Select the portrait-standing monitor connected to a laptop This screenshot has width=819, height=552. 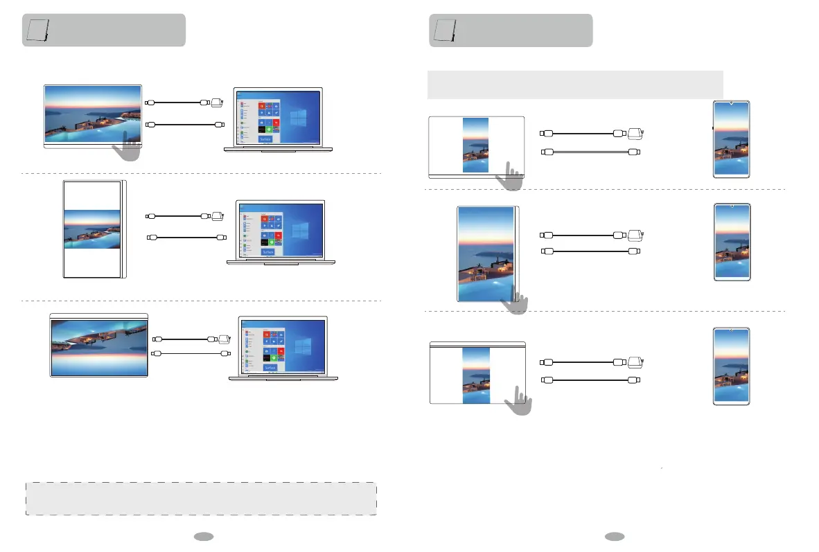click(92, 229)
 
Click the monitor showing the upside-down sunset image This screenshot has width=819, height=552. click(99, 345)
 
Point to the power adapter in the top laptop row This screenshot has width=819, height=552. click(215, 103)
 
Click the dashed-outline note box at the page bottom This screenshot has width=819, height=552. click(201, 499)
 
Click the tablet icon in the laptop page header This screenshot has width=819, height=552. click(36, 30)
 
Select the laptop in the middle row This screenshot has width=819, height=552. click(280, 231)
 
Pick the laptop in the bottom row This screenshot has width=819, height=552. click(283, 349)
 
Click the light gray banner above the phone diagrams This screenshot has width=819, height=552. click(575, 84)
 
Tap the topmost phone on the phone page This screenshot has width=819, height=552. click(731, 139)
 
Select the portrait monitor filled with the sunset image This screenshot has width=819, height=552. click(488, 253)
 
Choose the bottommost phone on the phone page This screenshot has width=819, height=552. click(731, 366)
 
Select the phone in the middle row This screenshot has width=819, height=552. click(731, 242)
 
